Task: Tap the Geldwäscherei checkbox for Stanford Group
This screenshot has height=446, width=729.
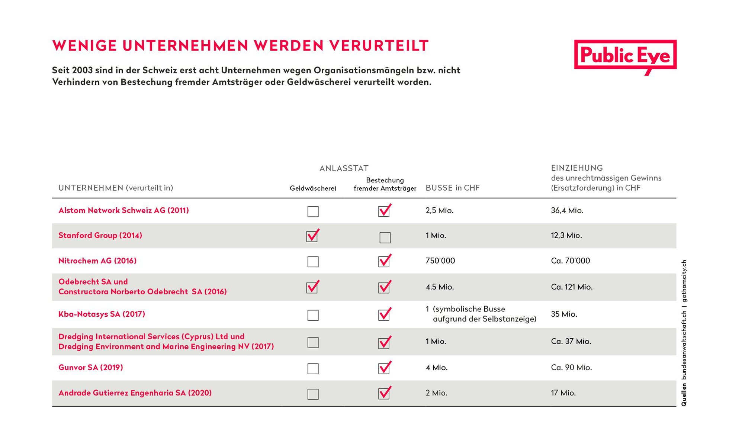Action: click(x=312, y=236)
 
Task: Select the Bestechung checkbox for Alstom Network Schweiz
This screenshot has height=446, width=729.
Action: click(x=385, y=211)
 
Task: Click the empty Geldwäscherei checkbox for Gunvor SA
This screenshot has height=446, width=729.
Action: click(x=313, y=369)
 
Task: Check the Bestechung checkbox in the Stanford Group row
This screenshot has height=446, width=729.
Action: click(x=385, y=237)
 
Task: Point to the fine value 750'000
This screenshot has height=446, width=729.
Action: click(x=440, y=261)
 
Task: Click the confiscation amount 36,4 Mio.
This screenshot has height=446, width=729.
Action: click(x=567, y=210)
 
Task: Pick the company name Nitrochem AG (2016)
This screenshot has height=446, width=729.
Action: click(x=97, y=261)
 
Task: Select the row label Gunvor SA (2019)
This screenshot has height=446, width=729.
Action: click(x=91, y=368)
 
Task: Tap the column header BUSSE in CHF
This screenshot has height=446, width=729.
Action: click(x=453, y=188)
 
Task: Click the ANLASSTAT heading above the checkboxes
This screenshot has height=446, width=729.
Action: click(x=344, y=168)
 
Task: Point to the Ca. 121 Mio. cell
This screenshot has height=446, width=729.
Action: click(x=572, y=287)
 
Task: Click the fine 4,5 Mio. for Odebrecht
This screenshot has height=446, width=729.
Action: click(x=440, y=287)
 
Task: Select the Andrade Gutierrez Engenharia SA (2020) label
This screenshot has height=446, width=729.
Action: click(x=135, y=393)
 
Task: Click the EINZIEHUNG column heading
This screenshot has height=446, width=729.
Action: click(x=577, y=168)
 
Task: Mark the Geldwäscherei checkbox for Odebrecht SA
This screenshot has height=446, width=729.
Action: click(x=312, y=287)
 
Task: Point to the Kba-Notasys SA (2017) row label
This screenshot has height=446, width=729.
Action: click(x=102, y=314)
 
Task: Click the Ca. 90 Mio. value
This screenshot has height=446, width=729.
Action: click(x=571, y=368)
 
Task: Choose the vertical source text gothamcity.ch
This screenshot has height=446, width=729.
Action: click(x=684, y=281)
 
